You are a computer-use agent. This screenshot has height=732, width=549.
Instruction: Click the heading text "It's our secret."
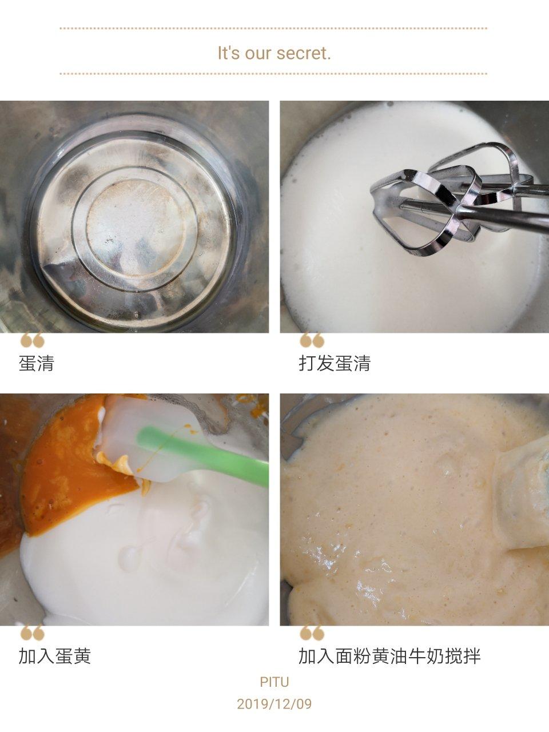[274, 53]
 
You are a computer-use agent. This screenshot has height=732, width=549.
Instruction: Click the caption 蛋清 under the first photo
[37, 363]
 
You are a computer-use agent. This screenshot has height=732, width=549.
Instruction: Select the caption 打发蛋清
[335, 363]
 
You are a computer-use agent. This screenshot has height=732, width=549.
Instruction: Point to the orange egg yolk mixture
[77, 467]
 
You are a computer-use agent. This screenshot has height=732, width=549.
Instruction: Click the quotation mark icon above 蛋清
[33, 340]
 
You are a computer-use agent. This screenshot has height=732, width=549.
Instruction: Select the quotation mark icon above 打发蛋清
[312, 340]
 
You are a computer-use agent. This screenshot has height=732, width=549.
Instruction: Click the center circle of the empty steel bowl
[135, 227]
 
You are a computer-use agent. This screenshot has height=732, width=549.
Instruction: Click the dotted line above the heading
[273, 29]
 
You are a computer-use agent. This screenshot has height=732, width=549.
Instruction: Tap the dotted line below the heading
[273, 73]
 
